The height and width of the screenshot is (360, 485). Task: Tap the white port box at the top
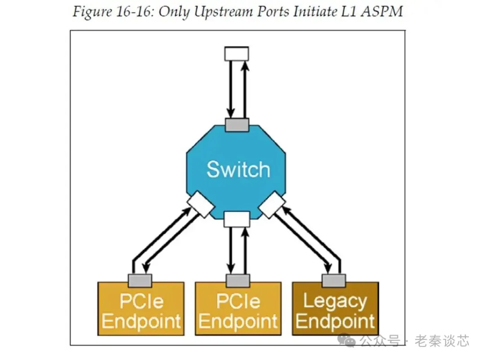click(x=236, y=54)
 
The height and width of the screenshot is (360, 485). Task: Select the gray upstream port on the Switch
click(x=237, y=124)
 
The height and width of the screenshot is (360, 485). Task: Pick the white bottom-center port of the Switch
click(x=236, y=219)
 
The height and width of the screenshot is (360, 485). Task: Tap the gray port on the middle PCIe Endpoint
click(x=238, y=280)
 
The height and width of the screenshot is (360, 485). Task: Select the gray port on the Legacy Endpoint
click(x=334, y=280)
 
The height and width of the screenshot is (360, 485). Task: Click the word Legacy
click(x=335, y=301)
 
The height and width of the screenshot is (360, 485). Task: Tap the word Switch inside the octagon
click(x=238, y=170)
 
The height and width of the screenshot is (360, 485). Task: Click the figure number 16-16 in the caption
click(x=132, y=11)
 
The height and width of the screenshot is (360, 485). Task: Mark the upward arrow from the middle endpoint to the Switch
click(x=244, y=251)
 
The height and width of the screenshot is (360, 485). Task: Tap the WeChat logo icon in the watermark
click(x=348, y=341)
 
